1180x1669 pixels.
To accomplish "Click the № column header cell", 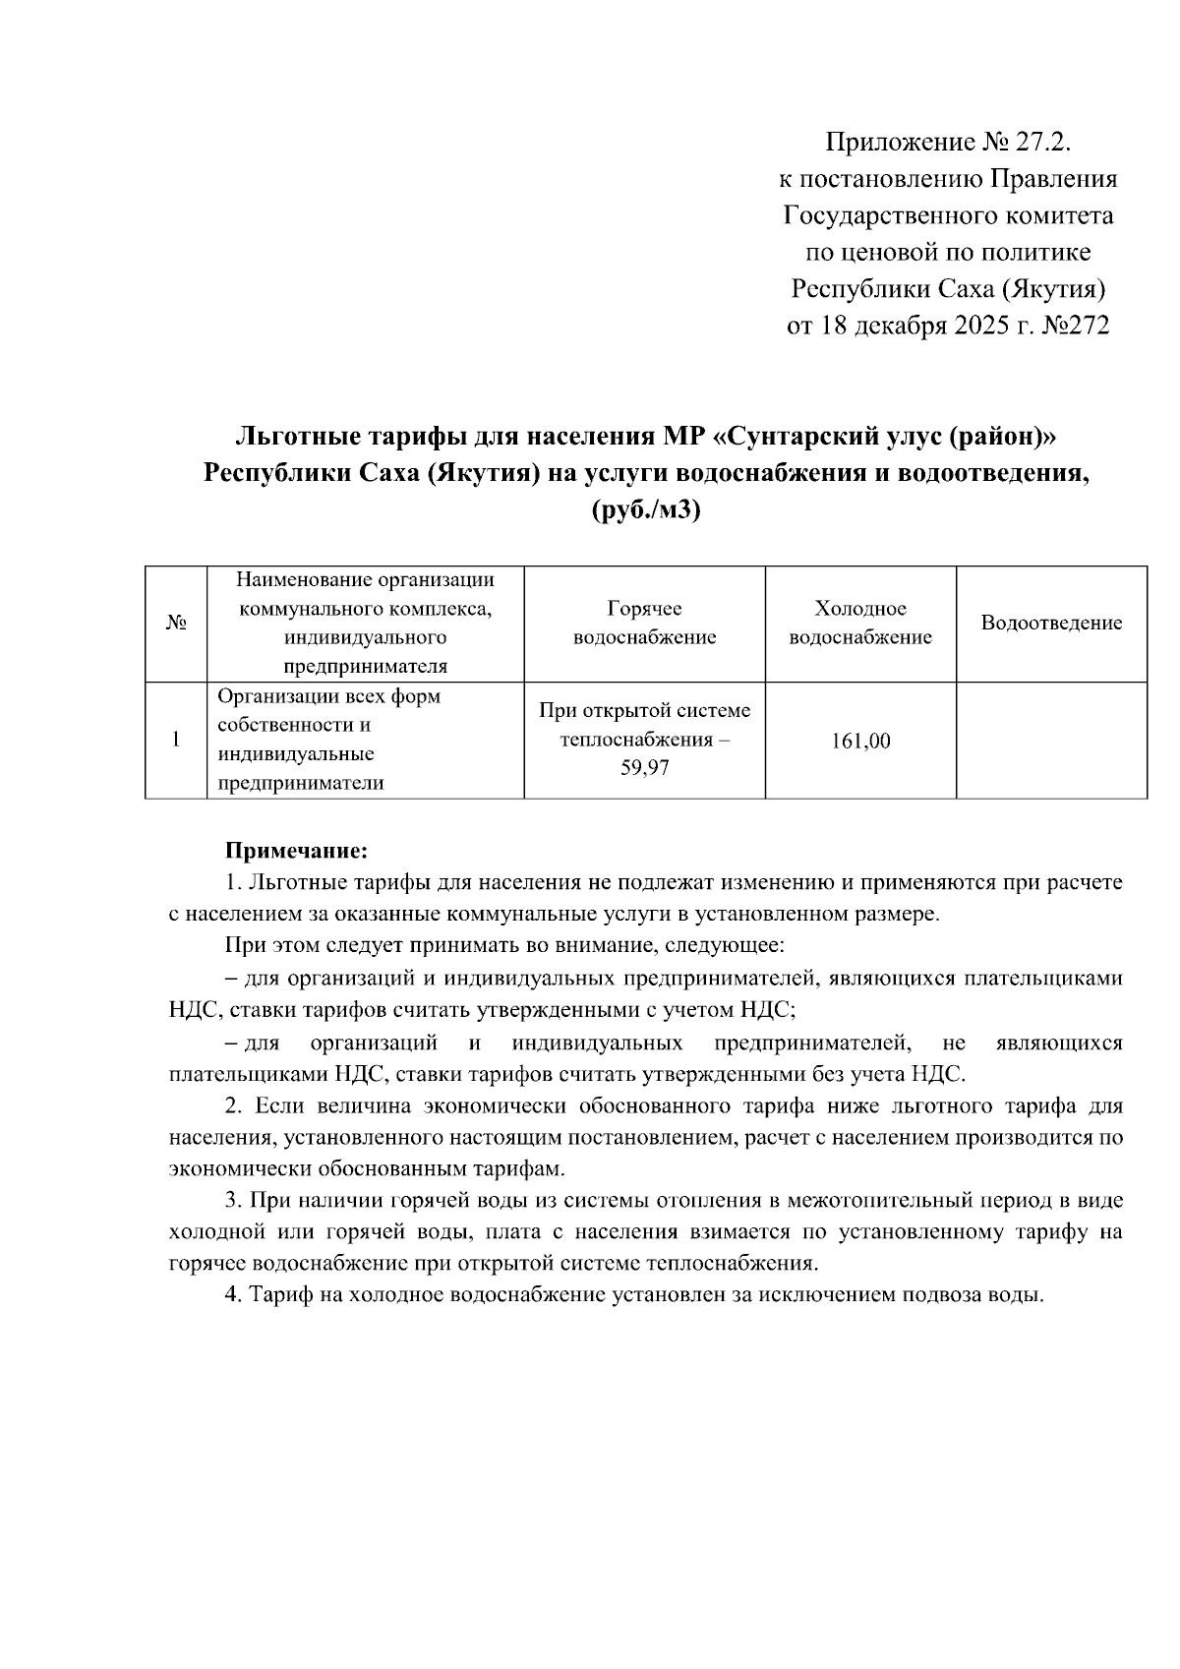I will [176, 624].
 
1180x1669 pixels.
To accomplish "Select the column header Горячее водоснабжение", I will [644, 623].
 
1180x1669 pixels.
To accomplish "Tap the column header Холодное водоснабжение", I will [860, 623].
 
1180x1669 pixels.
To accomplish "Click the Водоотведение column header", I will [1051, 623].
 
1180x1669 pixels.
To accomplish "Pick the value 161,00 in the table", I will [860, 741].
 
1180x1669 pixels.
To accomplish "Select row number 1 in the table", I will [176, 740].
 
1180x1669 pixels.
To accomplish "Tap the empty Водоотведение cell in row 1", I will [1051, 740].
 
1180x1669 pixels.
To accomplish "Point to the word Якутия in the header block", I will [1053, 289].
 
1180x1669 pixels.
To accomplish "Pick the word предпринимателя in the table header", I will [365, 667].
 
